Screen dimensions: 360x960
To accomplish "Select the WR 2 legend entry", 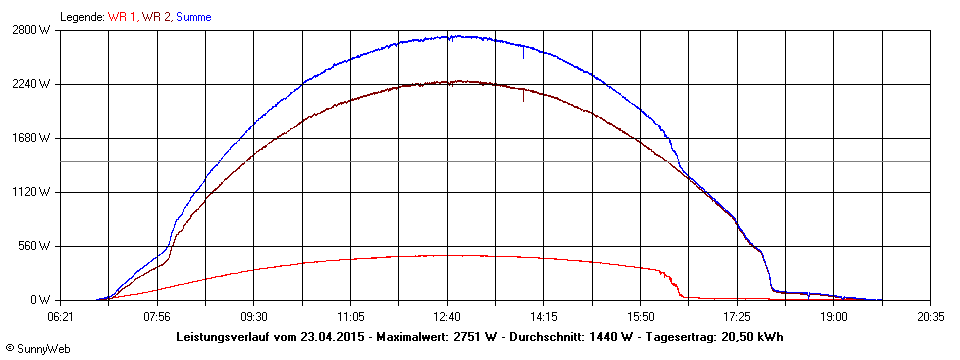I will click(157, 17).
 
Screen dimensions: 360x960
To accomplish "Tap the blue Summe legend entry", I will click(193, 17).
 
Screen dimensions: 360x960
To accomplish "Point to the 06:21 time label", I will click(61, 316).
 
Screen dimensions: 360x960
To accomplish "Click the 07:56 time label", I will click(157, 316).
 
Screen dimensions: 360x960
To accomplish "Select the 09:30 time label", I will click(254, 316).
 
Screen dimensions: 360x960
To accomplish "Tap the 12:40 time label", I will click(447, 316).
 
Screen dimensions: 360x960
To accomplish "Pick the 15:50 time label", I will click(640, 316).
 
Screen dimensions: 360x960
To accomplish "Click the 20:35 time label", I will click(930, 316).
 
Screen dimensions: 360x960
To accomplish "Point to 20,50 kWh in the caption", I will click(749, 337).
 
